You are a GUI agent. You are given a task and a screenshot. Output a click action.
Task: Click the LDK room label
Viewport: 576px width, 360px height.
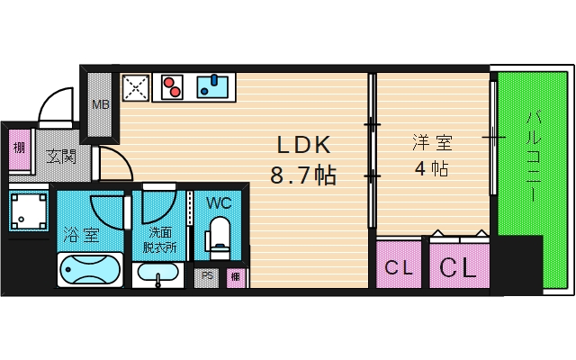coord(303,144)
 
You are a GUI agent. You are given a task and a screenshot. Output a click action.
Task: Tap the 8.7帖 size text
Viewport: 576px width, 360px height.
coord(303,175)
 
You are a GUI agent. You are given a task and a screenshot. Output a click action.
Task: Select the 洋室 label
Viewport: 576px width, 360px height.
coord(432,142)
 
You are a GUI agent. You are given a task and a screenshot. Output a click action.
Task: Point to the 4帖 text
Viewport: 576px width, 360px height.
coord(432,168)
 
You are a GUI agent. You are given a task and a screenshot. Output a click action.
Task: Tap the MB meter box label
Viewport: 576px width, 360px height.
coord(100,105)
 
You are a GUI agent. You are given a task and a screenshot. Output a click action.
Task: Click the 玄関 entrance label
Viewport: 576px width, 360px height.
coord(61,157)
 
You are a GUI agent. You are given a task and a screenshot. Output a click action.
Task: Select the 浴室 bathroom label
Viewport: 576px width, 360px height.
coord(81,235)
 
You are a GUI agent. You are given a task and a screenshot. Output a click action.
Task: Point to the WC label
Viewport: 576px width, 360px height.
coord(219,202)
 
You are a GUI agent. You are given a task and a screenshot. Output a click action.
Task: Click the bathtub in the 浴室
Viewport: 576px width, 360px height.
coord(89,269)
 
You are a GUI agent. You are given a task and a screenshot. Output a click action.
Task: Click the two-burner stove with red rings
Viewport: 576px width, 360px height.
coord(174,87)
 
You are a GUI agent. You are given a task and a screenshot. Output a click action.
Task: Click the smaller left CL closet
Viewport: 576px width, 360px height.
coord(397,266)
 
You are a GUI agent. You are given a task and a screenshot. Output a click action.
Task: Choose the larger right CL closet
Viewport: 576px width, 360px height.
coord(458,266)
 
